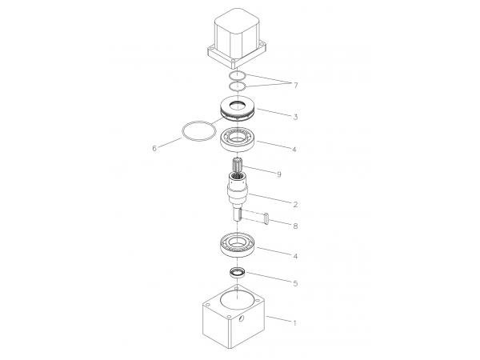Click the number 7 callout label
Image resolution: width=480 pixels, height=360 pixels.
pyautogui.click(x=295, y=86)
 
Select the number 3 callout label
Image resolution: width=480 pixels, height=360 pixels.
pyautogui.click(x=295, y=117)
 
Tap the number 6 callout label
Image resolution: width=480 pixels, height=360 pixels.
pyautogui.click(x=154, y=149)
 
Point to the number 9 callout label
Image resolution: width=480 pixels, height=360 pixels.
pyautogui.click(x=279, y=174)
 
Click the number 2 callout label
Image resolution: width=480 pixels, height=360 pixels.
pyautogui.click(x=295, y=205)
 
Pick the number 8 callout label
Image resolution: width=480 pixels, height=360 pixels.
pyautogui.click(x=295, y=226)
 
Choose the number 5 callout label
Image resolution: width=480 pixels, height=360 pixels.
pyautogui.click(x=295, y=283)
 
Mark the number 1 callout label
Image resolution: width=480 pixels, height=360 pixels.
pyautogui.click(x=294, y=323)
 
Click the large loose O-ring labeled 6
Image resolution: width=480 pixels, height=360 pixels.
pyautogui.click(x=182, y=132)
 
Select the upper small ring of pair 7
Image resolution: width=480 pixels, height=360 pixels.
pyautogui.click(x=230, y=75)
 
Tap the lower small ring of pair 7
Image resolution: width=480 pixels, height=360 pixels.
pyautogui.click(x=230, y=86)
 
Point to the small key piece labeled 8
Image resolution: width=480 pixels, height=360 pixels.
pyautogui.click(x=266, y=219)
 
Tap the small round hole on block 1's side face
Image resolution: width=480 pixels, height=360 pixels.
pyautogui.click(x=241, y=318)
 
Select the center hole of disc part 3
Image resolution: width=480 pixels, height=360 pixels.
pyautogui.click(x=238, y=106)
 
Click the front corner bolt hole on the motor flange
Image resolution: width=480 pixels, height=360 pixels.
pyautogui.click(x=234, y=62)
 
